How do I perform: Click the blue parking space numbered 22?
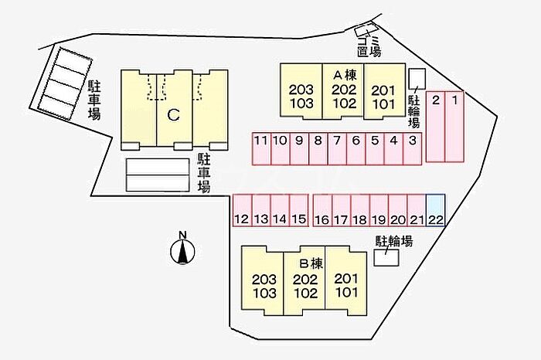pos(435,210)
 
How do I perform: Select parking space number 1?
pos(454,127)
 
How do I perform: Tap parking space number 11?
pos(261,148)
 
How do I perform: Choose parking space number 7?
pos(337,148)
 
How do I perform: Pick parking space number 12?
pos(242,210)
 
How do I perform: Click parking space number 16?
pos(322,210)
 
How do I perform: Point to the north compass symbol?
pos(182,251)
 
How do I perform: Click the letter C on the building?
pos(174,115)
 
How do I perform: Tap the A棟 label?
pos(345,74)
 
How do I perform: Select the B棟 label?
pos(311,263)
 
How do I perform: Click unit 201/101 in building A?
pos(384,91)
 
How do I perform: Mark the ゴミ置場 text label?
pos(369,46)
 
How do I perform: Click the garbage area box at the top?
pos(366,29)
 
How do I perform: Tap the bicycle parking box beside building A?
pos(417,79)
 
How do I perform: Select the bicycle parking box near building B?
pos(386,257)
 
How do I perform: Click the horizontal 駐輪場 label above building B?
pos(394,241)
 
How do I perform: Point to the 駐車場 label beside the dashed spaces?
pos(94,100)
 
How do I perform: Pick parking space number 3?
pos(412,148)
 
